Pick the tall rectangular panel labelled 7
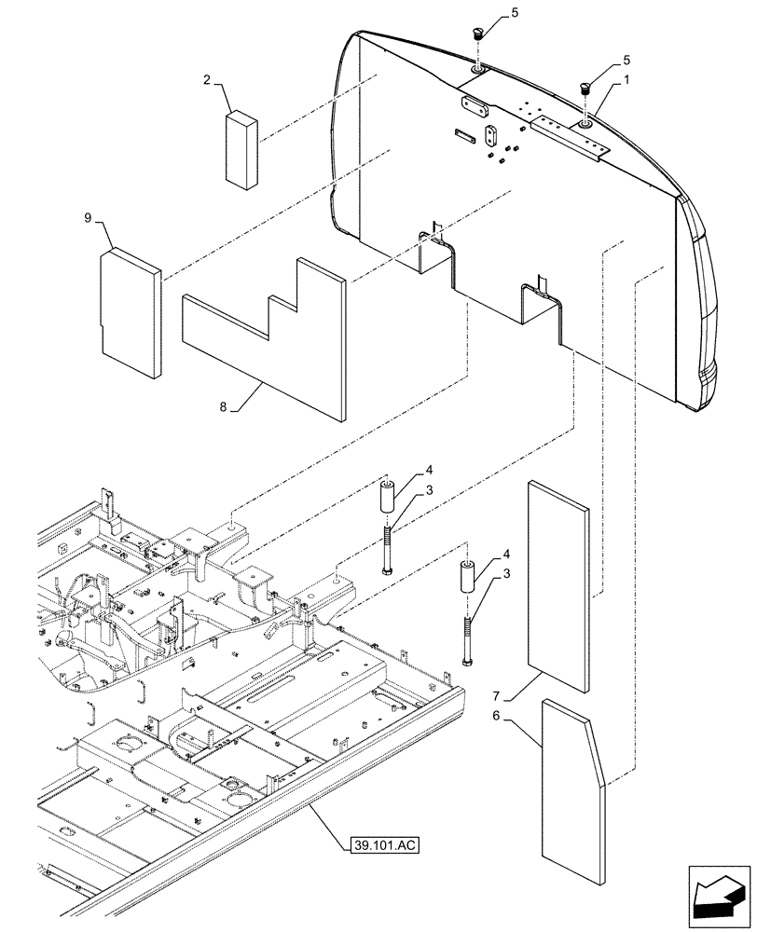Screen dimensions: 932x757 click(557, 587)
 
